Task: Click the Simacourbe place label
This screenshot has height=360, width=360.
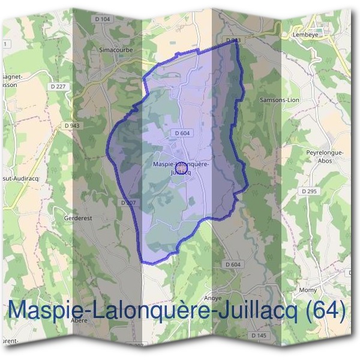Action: click(x=115, y=50)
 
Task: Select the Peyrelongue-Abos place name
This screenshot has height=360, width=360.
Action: click(x=325, y=156)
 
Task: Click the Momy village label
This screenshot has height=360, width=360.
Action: click(x=308, y=290)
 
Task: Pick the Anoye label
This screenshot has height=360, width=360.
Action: click(x=213, y=298)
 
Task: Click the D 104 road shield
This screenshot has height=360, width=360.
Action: click(x=103, y=19)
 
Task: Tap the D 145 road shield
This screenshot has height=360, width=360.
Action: click(x=259, y=335)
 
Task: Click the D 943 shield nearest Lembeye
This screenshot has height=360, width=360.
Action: click(x=233, y=40)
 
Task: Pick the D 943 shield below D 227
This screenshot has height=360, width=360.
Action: click(x=71, y=125)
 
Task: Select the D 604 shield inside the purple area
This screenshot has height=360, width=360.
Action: click(x=183, y=133)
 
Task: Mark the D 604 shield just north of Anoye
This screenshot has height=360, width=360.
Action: click(x=233, y=265)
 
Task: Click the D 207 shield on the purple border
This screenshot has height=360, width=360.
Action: click(x=128, y=203)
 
